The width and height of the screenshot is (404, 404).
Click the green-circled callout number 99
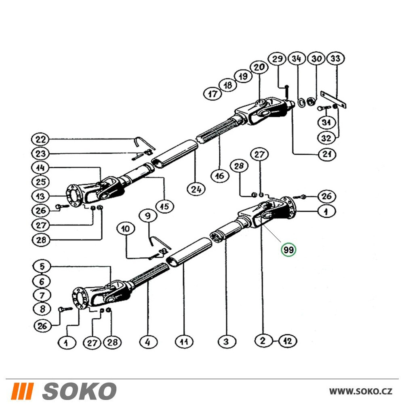click(x=288, y=250)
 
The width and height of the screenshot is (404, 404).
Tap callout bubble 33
click(x=335, y=59)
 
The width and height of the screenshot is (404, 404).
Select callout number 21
click(x=327, y=154)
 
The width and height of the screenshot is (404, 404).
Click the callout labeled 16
click(x=220, y=176)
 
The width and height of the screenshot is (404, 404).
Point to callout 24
click(x=196, y=189)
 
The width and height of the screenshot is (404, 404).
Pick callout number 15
click(x=165, y=206)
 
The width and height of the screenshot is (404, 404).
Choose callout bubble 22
click(x=40, y=140)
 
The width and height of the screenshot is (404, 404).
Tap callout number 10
click(x=126, y=229)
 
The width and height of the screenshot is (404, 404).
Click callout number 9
click(x=148, y=215)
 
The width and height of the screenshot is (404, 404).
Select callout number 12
click(x=288, y=341)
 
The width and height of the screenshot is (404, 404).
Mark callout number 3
click(x=226, y=342)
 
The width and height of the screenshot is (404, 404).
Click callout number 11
click(x=184, y=342)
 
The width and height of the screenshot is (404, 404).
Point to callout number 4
click(x=148, y=342)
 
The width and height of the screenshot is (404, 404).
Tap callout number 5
click(x=42, y=266)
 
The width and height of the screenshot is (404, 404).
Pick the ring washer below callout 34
click(x=301, y=102)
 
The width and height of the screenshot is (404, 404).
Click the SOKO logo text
click(x=80, y=391)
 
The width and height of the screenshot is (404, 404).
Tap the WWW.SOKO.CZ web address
click(x=361, y=391)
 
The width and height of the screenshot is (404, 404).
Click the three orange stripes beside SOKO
click(x=23, y=391)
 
